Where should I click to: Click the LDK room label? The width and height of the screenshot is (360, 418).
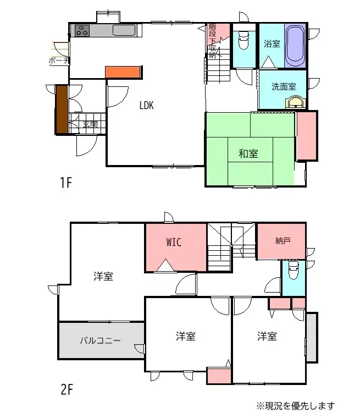click(146, 105)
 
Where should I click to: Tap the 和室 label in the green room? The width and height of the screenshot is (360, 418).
click(248, 154)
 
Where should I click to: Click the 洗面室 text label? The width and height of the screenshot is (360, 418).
click(284, 86)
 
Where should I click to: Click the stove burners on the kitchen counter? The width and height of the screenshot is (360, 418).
click(82, 31)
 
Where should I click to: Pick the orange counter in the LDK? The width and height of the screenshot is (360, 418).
click(124, 72)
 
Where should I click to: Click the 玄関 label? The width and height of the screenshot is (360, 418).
click(90, 125)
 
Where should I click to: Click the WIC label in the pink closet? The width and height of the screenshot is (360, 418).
click(174, 242)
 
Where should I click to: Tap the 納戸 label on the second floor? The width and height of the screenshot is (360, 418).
click(283, 240)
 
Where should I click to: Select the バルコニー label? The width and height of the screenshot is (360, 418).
click(100, 340)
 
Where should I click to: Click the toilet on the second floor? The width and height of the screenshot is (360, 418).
click(293, 271)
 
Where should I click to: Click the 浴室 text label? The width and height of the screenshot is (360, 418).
click(272, 44)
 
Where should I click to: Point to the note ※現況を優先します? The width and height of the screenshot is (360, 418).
click(295, 406)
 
